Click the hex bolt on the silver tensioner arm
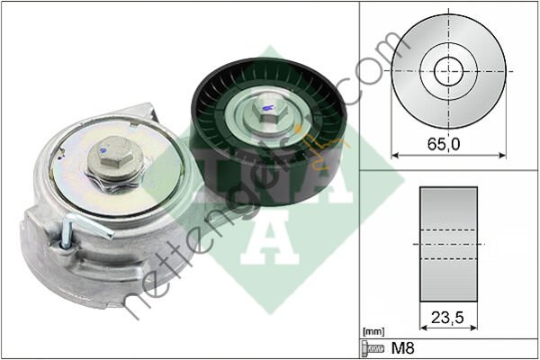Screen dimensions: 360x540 pyautogui.click(x=112, y=152)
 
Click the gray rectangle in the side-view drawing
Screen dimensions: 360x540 pyautogui.click(x=449, y=243)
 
